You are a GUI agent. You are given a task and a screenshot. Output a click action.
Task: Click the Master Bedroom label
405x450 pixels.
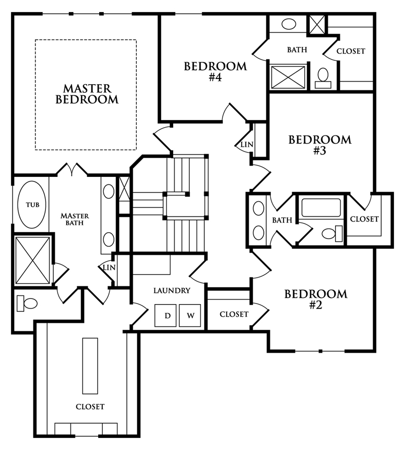pyautogui.click(x=87, y=94)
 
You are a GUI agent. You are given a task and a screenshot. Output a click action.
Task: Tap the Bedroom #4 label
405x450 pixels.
pyautogui.click(x=215, y=71)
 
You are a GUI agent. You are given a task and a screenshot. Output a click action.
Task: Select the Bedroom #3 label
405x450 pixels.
pyautogui.click(x=320, y=145)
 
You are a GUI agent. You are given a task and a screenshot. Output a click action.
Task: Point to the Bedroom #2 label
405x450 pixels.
pyautogui.click(x=316, y=299)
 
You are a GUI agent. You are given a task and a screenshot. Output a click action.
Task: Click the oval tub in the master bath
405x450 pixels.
pyautogui.click(x=32, y=205)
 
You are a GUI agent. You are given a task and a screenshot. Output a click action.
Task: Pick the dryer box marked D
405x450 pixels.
pyautogui.click(x=166, y=315)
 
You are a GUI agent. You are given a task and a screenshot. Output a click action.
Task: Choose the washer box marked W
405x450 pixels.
pyautogui.click(x=190, y=315)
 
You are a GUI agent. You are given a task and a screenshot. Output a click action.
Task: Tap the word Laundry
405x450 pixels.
pyautogui.click(x=172, y=291)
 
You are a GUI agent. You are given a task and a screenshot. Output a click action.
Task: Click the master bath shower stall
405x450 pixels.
pyautogui.click(x=32, y=260)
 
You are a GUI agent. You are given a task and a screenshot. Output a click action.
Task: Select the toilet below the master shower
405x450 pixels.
pyautogui.click(x=27, y=304)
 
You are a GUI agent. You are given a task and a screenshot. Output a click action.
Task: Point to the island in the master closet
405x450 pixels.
pyautogui.click(x=90, y=366)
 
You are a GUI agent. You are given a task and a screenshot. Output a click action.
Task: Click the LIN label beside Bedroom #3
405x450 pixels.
pyautogui.click(x=247, y=144)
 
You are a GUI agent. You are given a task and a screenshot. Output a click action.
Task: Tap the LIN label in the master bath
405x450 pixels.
pyautogui.click(x=109, y=268)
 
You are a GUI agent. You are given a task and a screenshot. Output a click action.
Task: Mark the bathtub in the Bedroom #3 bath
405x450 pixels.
pyautogui.click(x=321, y=207)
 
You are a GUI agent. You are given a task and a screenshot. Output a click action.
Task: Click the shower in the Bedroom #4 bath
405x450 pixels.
pyautogui.click(x=288, y=77)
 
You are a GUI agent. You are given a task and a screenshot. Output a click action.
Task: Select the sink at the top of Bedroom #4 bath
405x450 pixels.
pyautogui.click(x=289, y=24)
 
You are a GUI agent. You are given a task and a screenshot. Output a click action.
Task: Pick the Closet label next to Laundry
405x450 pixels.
pyautogui.click(x=234, y=314)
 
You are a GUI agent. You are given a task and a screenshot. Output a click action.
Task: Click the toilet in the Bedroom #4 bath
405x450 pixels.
pyautogui.click(x=323, y=78)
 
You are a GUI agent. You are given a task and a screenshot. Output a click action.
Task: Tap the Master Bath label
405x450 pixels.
pyautogui.click(x=75, y=219)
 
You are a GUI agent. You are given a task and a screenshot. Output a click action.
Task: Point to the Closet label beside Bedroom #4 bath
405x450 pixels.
pyautogui.click(x=351, y=51)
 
